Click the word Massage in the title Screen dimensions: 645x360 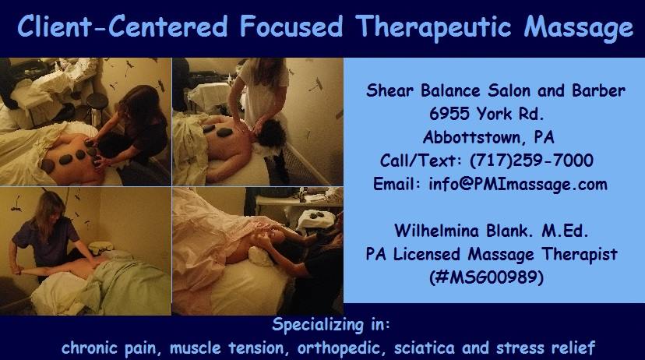click(578, 27)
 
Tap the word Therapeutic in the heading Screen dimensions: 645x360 click(434, 27)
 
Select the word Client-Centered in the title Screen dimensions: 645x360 click(122, 26)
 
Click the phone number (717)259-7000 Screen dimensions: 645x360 click(531, 161)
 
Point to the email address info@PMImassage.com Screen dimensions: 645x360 click(518, 184)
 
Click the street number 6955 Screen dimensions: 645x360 click(449, 114)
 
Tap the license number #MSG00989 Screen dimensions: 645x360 click(486, 277)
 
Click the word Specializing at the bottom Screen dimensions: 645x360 click(317, 325)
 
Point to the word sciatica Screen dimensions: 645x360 click(424, 348)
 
